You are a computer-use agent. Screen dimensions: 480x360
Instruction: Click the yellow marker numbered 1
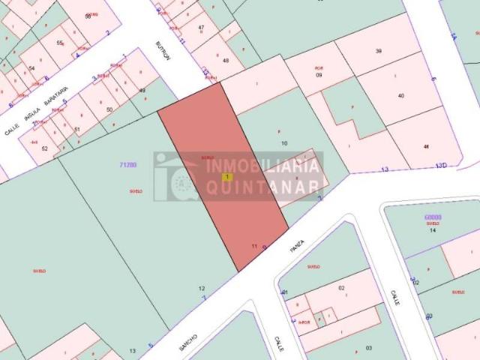pos(227,177)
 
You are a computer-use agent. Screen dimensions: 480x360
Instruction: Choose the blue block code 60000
pos(432,217)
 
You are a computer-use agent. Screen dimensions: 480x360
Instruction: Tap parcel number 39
pos(379,51)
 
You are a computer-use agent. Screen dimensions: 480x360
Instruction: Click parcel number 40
pos(401,95)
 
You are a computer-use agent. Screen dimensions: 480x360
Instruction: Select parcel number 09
pos(319,75)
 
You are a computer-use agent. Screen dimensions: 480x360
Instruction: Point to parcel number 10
pos(284,142)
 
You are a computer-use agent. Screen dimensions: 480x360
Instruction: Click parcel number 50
pos(109,109)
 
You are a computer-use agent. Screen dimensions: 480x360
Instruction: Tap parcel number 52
pos(44,148)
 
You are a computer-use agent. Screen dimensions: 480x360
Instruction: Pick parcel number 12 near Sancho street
pos(201,288)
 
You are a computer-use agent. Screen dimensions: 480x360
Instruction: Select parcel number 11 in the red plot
pos(255,246)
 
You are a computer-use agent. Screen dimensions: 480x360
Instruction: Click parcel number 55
pos(59,44)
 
